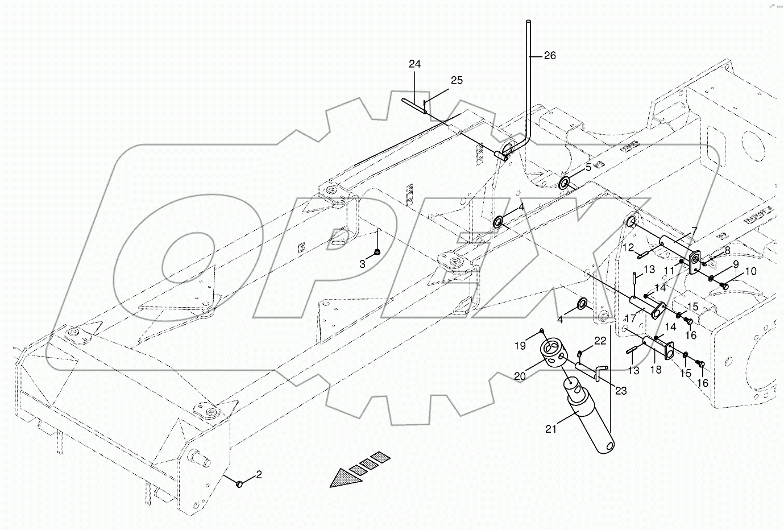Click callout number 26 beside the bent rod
[x=550, y=56]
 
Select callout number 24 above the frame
[x=414, y=64]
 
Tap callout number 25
[x=457, y=81]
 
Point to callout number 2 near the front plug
[x=259, y=475]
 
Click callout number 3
[x=362, y=263]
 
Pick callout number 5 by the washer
[x=588, y=167]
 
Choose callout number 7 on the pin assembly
[x=693, y=231]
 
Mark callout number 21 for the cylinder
[x=550, y=429]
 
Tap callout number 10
[x=750, y=272]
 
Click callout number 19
[x=521, y=345]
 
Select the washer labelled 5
[x=566, y=183]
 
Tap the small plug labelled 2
[x=239, y=483]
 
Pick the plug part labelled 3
[x=376, y=252]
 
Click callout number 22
[x=600, y=341]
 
